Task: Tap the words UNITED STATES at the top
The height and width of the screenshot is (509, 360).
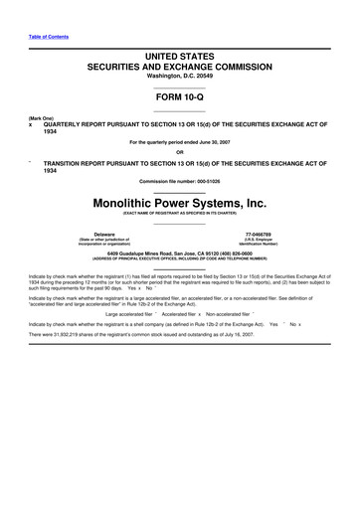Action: (179, 62)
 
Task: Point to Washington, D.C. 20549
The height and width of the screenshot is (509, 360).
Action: (179, 85)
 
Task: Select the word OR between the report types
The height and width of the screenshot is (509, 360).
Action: (179, 151)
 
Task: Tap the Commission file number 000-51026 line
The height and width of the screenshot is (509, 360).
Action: (179, 179)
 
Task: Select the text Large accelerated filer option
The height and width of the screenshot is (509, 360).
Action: (125, 311)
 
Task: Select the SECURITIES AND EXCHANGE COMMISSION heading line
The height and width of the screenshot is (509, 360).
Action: (179, 74)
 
